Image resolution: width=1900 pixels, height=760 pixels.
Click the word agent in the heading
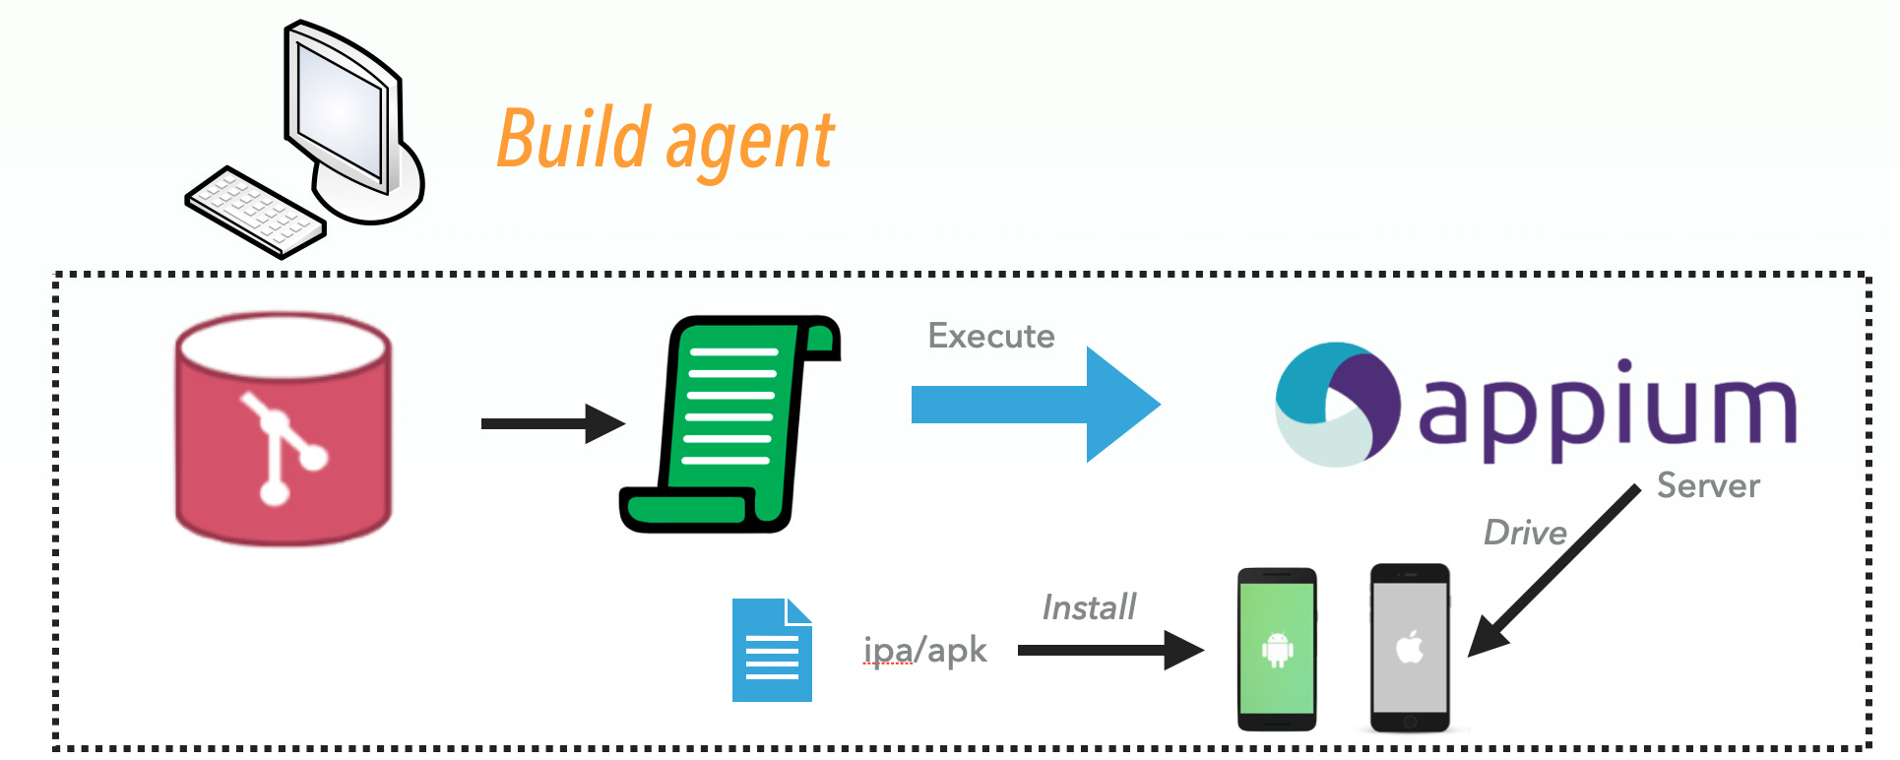coord(750,144)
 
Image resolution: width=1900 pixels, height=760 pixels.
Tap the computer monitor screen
coord(340,108)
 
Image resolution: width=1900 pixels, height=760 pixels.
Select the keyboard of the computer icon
coord(254,212)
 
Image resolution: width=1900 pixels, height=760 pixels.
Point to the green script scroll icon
coord(729,423)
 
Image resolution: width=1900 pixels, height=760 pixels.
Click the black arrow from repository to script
coord(551,423)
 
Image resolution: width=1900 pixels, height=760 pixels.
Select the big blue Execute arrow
coord(1034,404)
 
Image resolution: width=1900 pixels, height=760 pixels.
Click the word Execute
coord(990,336)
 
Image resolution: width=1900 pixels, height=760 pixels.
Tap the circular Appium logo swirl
coord(1337,404)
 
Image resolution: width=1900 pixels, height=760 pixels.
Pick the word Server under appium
coord(1708,485)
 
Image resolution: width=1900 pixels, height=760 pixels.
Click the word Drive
coord(1525,533)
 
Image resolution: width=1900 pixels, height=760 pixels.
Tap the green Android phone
coord(1276,649)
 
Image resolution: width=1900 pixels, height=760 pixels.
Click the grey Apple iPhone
coord(1410,648)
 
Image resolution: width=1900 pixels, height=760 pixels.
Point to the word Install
coord(1089,607)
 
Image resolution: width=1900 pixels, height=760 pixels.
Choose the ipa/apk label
coord(924,651)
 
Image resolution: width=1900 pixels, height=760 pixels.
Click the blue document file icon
coord(772,651)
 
